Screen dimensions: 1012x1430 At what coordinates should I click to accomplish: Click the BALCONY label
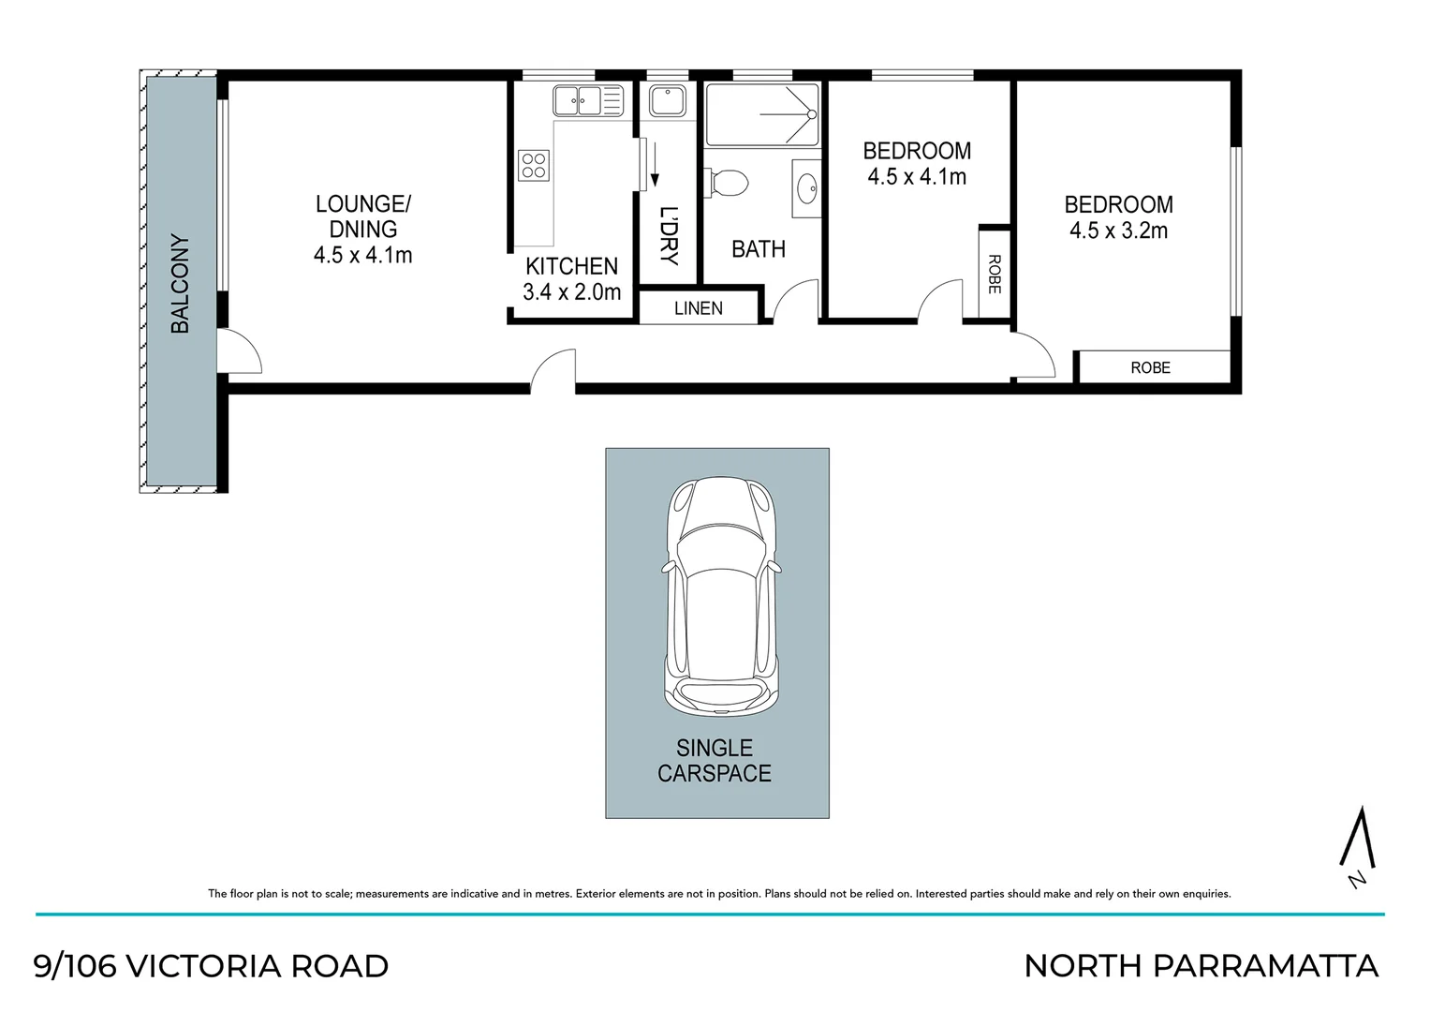(x=180, y=284)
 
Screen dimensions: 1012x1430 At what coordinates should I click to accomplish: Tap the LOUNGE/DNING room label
(x=362, y=216)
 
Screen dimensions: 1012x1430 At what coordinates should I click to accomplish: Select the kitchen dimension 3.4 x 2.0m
(x=571, y=291)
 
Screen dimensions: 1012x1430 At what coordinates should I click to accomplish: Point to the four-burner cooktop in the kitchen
(x=534, y=166)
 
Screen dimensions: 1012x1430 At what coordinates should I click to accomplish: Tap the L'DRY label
(x=668, y=235)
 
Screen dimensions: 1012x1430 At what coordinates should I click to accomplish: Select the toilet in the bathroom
(x=728, y=183)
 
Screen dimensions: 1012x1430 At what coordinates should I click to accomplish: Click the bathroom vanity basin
(x=805, y=187)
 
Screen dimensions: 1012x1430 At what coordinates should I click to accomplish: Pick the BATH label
(x=758, y=249)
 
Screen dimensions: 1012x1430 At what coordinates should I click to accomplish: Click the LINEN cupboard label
(x=698, y=308)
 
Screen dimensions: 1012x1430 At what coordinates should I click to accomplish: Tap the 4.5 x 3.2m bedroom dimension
(x=1118, y=231)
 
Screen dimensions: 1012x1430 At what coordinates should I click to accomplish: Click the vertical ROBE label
(x=994, y=274)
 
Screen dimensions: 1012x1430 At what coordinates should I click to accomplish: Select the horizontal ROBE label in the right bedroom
(x=1150, y=367)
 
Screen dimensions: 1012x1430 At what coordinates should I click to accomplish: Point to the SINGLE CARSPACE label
(x=715, y=760)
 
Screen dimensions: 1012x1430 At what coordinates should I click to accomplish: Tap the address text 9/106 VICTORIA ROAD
(x=211, y=965)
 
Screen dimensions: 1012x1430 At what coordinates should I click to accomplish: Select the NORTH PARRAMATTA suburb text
(x=1201, y=965)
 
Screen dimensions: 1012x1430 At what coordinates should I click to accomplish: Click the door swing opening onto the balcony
(x=239, y=352)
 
